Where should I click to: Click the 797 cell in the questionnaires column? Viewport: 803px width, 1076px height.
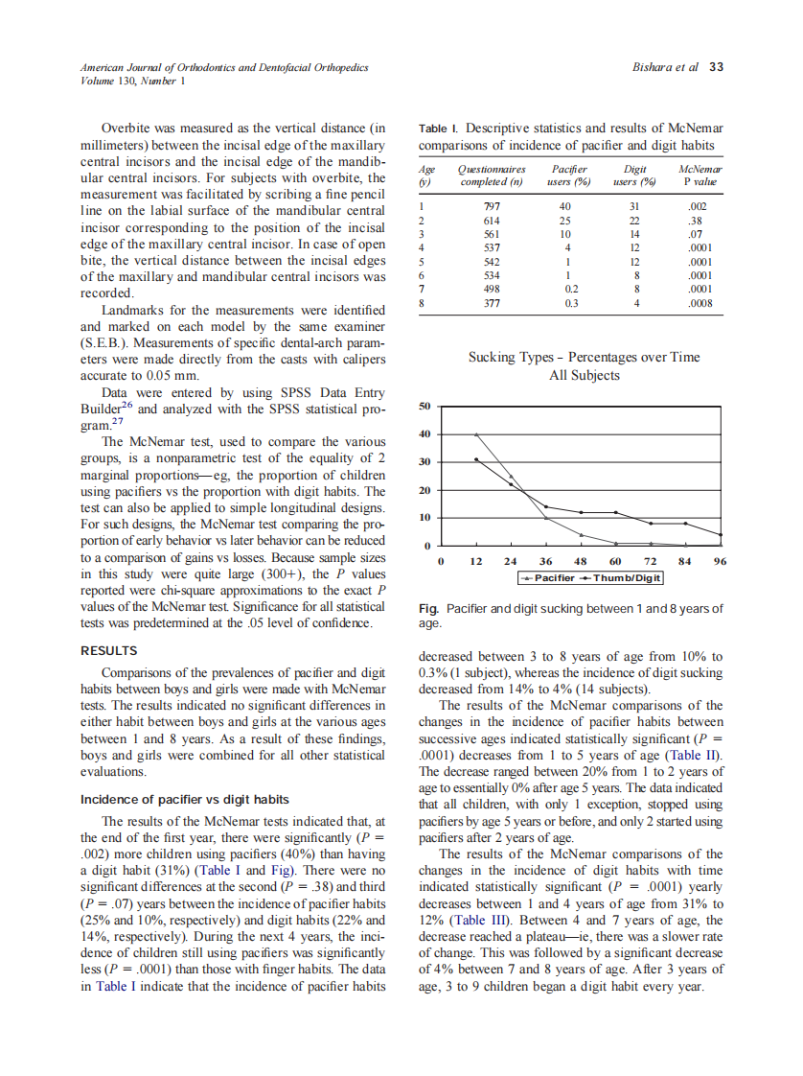tap(491, 205)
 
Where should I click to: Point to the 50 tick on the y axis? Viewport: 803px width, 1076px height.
tap(427, 406)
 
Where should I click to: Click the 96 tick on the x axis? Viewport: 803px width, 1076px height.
tap(721, 560)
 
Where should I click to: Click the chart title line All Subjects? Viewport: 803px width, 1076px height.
tap(584, 375)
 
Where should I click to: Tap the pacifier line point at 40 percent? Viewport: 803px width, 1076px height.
tap(477, 434)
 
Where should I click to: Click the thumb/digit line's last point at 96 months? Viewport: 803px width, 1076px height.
tap(721, 535)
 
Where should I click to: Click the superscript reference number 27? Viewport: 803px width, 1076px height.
tap(117, 422)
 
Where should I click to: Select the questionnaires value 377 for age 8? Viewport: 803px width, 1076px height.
tap(491, 305)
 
